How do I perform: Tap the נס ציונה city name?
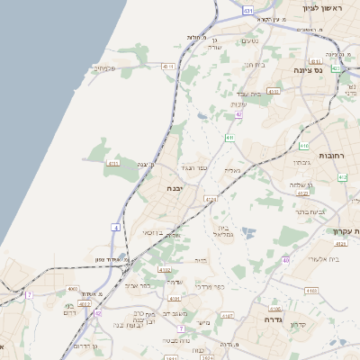[308, 69]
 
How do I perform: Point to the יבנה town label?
[175, 188]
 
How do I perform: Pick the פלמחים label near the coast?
[105, 67]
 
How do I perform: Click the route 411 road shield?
[230, 138]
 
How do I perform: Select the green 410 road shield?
[304, 145]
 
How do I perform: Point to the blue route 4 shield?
[115, 228]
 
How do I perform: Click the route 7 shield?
[29, 294]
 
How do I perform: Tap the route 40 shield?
[286, 260]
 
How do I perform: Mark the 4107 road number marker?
[227, 316]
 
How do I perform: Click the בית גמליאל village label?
[225, 231]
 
